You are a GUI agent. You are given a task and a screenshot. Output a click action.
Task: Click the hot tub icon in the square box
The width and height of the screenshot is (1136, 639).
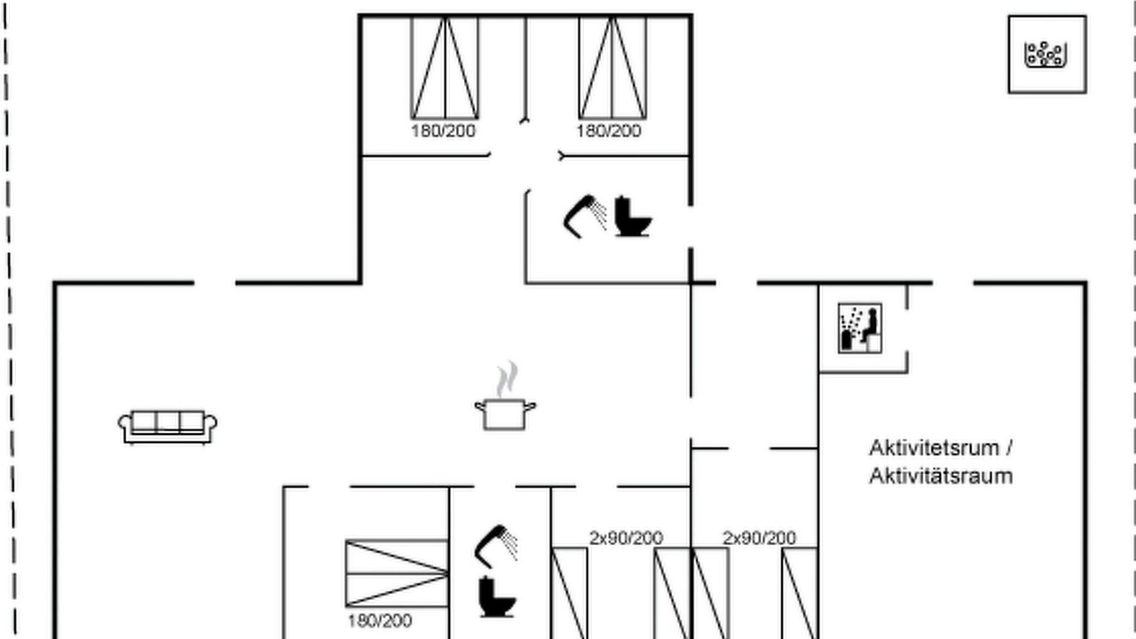(1046, 54)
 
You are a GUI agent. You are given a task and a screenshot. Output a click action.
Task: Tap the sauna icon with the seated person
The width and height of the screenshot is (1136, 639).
(860, 328)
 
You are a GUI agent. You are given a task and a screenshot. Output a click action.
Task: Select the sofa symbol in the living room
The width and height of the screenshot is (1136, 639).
(168, 427)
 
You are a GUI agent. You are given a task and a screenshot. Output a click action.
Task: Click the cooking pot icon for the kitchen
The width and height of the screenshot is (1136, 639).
(505, 414)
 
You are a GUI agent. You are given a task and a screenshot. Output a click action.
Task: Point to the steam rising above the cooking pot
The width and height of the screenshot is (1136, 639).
(507, 379)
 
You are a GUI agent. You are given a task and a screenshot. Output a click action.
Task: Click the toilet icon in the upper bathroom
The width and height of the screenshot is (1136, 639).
(633, 217)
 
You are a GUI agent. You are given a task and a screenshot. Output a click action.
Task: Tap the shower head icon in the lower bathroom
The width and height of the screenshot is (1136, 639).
(496, 547)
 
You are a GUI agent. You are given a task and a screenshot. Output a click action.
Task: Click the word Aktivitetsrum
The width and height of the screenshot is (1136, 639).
(935, 448)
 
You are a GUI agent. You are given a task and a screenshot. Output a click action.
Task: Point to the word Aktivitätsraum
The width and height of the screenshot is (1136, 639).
(941, 477)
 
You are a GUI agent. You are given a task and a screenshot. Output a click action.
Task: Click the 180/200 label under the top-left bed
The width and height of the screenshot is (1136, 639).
(443, 130)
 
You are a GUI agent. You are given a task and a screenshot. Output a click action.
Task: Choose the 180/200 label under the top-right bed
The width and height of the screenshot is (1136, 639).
(609, 130)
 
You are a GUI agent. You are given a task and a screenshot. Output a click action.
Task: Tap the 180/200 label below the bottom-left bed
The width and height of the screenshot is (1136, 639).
(380, 620)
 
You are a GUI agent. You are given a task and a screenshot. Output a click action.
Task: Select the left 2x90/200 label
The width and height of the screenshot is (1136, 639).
(626, 538)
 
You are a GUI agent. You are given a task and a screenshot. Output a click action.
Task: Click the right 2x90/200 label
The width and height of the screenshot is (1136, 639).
(759, 538)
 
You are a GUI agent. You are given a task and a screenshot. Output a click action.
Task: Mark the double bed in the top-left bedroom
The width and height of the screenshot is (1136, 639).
(445, 68)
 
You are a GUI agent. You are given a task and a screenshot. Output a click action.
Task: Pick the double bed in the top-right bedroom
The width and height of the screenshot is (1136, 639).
(612, 68)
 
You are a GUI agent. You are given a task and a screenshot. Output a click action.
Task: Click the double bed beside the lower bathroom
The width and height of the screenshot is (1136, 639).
(397, 573)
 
